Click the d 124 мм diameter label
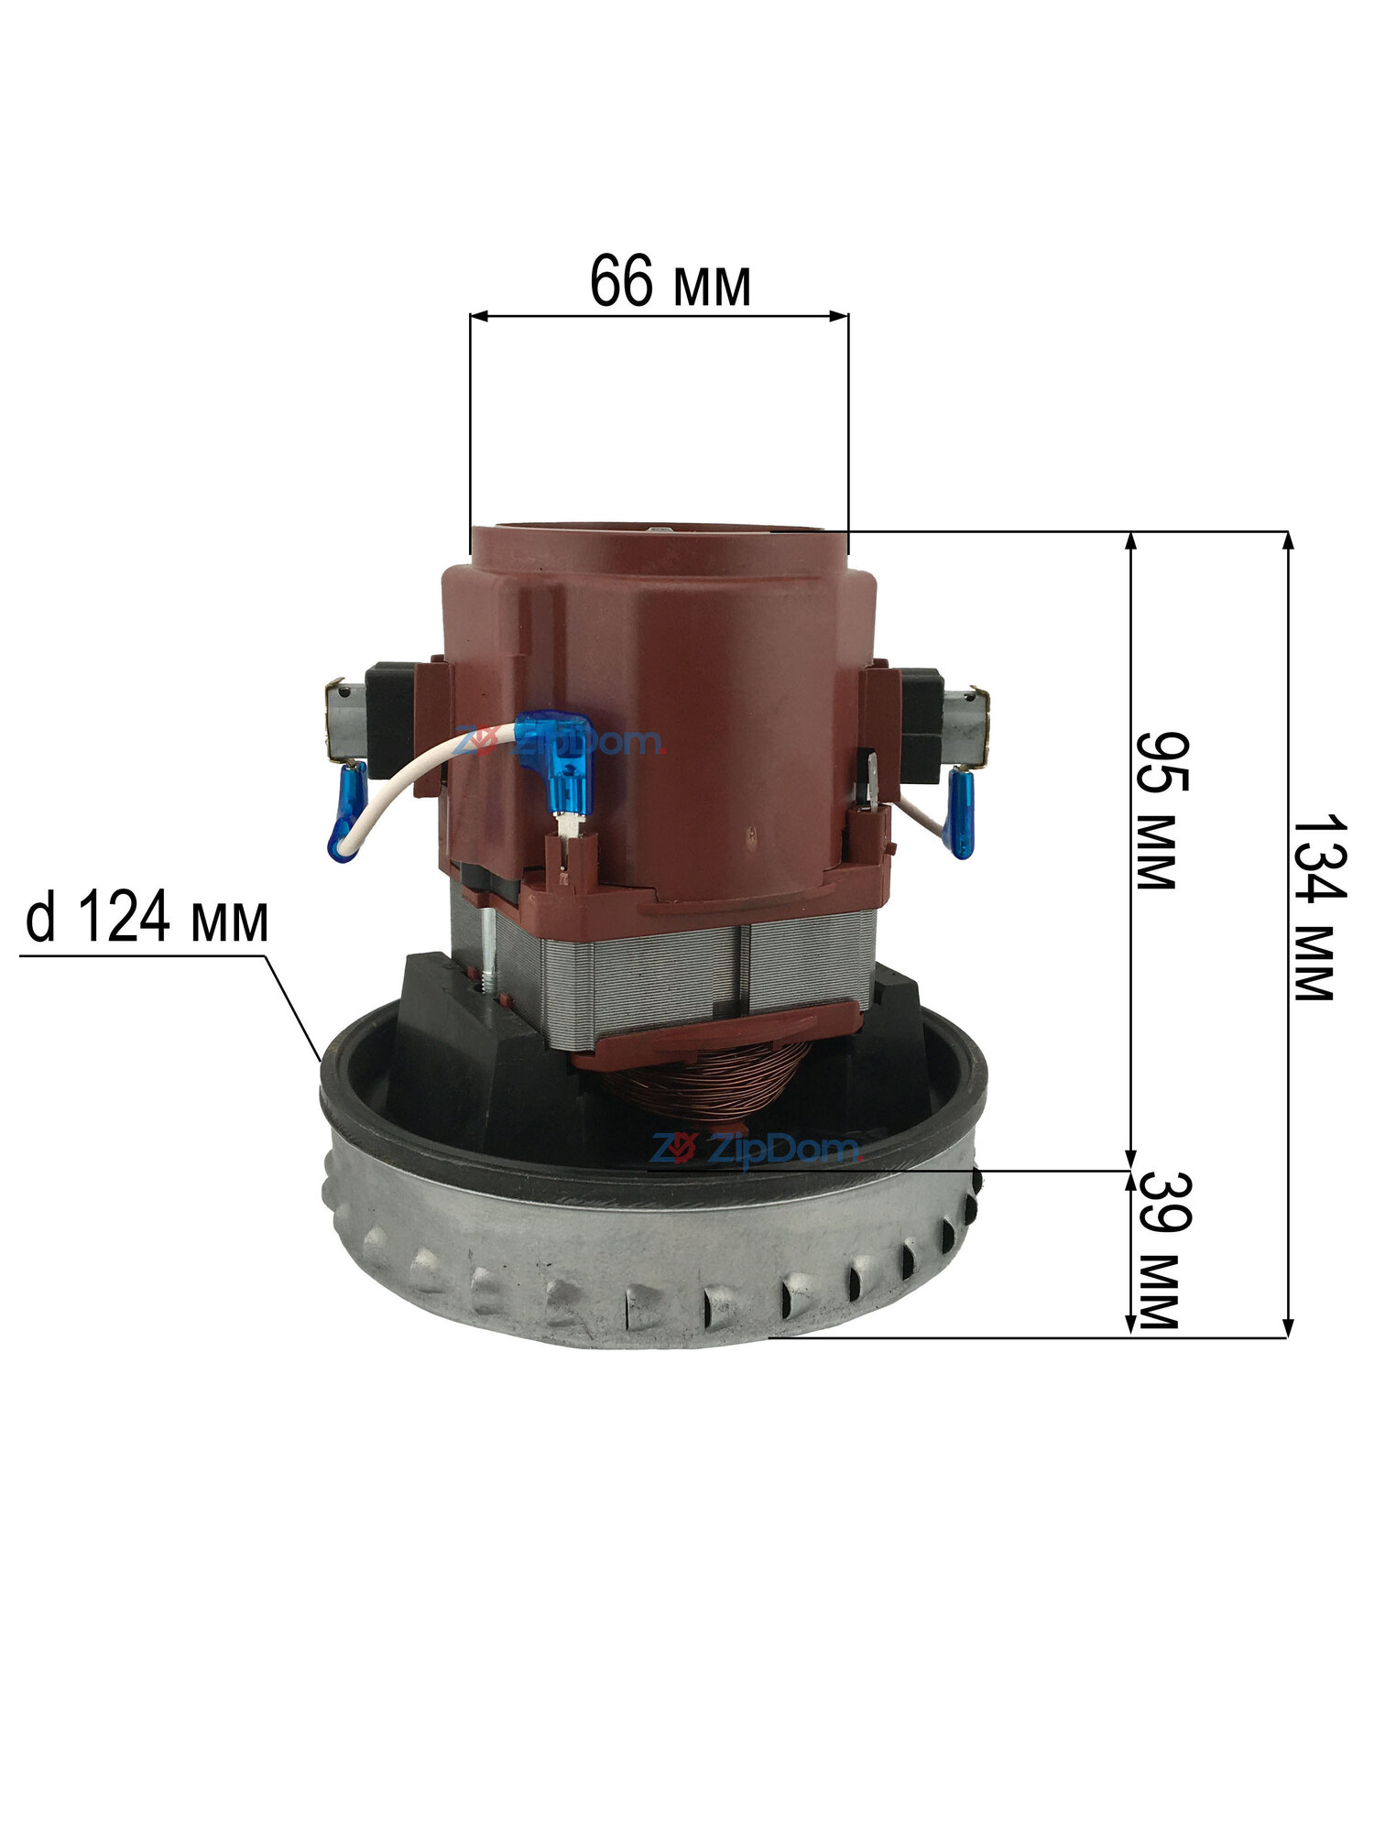click(x=147, y=919)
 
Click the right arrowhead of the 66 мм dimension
click(x=836, y=317)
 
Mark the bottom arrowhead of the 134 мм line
click(x=1288, y=1325)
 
